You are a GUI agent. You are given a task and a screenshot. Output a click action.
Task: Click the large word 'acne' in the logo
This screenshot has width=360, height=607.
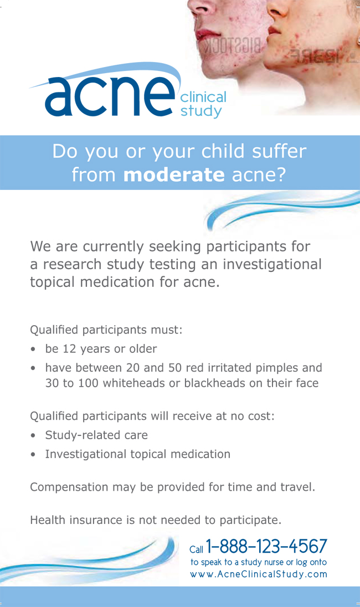click(x=110, y=96)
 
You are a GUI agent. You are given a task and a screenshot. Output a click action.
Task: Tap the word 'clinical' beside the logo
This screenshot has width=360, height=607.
click(x=203, y=97)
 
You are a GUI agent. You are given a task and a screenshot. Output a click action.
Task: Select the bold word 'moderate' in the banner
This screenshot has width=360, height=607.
click(x=174, y=175)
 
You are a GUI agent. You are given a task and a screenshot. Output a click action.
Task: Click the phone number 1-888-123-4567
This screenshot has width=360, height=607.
click(x=266, y=546)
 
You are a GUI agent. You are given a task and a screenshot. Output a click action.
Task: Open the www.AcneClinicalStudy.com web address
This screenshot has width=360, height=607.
click(x=259, y=574)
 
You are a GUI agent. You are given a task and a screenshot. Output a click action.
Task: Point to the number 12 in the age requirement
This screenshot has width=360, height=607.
click(x=69, y=349)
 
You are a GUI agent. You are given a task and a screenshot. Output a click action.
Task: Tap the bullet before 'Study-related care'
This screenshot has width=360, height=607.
click(x=33, y=435)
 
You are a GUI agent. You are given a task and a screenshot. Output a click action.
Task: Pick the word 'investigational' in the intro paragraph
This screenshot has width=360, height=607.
click(x=272, y=264)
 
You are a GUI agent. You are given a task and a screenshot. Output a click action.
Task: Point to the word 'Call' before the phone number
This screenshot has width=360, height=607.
click(x=196, y=549)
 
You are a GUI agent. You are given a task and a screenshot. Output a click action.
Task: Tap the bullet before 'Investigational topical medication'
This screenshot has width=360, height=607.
click(x=33, y=455)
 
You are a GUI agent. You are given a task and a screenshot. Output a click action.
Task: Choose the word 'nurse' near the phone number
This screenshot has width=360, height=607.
click(x=274, y=562)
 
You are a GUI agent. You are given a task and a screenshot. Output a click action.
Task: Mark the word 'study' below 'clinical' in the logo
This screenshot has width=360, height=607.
click(x=201, y=111)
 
